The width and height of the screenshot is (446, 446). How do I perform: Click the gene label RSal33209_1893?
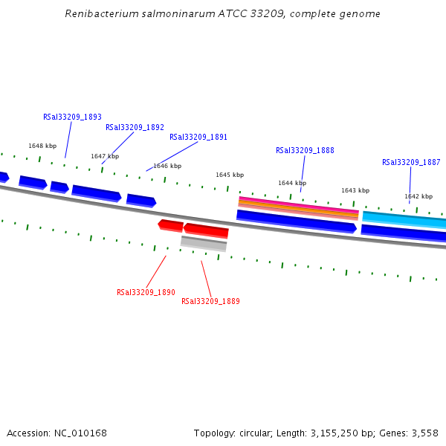72,117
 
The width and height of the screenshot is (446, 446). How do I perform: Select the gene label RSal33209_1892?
135,127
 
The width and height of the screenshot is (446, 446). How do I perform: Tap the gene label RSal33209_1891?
198,137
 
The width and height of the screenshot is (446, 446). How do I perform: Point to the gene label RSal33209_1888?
305,150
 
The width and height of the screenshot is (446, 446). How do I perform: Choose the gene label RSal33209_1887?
411,162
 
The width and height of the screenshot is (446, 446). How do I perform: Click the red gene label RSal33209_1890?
146,292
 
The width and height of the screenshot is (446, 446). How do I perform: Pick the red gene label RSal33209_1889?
210,301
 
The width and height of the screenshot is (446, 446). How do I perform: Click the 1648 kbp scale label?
42,146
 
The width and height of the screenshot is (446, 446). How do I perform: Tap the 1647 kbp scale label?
105,156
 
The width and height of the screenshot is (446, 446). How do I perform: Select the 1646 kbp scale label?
167,166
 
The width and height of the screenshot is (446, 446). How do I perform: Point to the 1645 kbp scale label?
230,175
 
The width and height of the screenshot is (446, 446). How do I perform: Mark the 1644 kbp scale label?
292,183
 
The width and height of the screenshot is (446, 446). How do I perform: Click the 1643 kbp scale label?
355,190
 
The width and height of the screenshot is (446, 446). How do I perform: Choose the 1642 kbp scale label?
418,196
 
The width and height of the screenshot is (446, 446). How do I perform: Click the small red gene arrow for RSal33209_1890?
171,224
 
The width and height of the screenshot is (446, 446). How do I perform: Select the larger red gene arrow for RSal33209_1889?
206,230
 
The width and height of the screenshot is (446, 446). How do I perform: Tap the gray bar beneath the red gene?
204,242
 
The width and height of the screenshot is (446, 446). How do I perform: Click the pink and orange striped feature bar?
298,207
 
